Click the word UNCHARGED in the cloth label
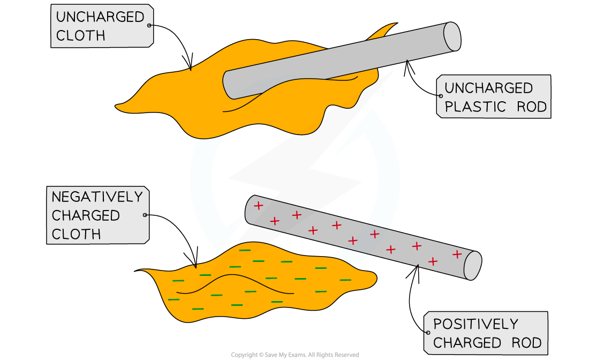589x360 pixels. click(x=100, y=17)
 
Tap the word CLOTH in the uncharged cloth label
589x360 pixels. click(x=80, y=35)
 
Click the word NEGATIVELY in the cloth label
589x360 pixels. click(x=97, y=197)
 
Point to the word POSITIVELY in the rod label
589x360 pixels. click(x=475, y=324)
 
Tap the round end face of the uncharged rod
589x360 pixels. click(x=452, y=37)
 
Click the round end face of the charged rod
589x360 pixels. click(x=472, y=265)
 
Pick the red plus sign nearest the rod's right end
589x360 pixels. click(x=457, y=254)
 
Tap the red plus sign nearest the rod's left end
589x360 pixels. click(x=258, y=205)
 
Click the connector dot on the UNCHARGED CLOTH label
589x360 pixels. click(x=149, y=25)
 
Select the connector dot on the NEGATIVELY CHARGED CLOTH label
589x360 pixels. click(x=145, y=215)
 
